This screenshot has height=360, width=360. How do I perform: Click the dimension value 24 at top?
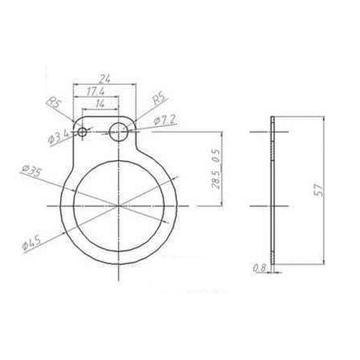(104, 79)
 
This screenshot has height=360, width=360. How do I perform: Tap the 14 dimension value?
(100, 103)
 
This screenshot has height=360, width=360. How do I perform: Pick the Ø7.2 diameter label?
(164, 119)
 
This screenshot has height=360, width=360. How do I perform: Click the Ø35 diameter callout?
(31, 171)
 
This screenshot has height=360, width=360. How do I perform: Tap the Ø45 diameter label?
(31, 242)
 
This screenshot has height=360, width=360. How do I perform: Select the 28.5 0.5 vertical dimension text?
(217, 169)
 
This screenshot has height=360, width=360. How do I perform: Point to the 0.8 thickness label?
(258, 269)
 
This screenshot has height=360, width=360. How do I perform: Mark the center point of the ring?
(118, 205)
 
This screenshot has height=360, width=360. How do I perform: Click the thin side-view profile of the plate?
(273, 187)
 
